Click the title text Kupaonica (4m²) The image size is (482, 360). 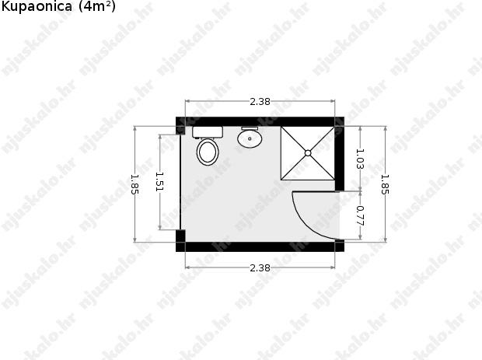58,6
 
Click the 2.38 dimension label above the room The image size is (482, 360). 260,101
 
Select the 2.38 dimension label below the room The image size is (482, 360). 260,268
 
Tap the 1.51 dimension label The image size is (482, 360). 159,182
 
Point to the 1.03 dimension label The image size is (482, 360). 360,159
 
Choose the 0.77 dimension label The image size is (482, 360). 360,215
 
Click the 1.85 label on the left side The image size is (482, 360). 134,184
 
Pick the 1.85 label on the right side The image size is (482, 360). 385,184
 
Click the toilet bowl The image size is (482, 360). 208,152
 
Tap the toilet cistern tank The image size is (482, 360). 208,132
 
